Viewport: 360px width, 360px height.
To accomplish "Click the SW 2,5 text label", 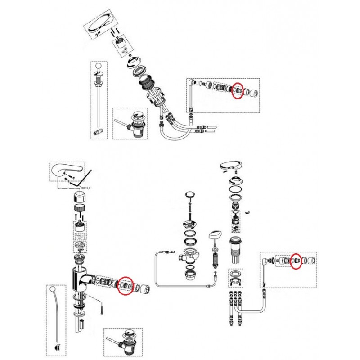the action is (x=86, y=188).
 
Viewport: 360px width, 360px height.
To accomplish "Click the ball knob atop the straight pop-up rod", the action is (x=99, y=66).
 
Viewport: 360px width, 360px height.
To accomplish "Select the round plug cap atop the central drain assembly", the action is (x=190, y=195).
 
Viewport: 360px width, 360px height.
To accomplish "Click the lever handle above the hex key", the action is (x=67, y=170).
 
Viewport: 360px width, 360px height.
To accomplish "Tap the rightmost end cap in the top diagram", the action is (x=253, y=93).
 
